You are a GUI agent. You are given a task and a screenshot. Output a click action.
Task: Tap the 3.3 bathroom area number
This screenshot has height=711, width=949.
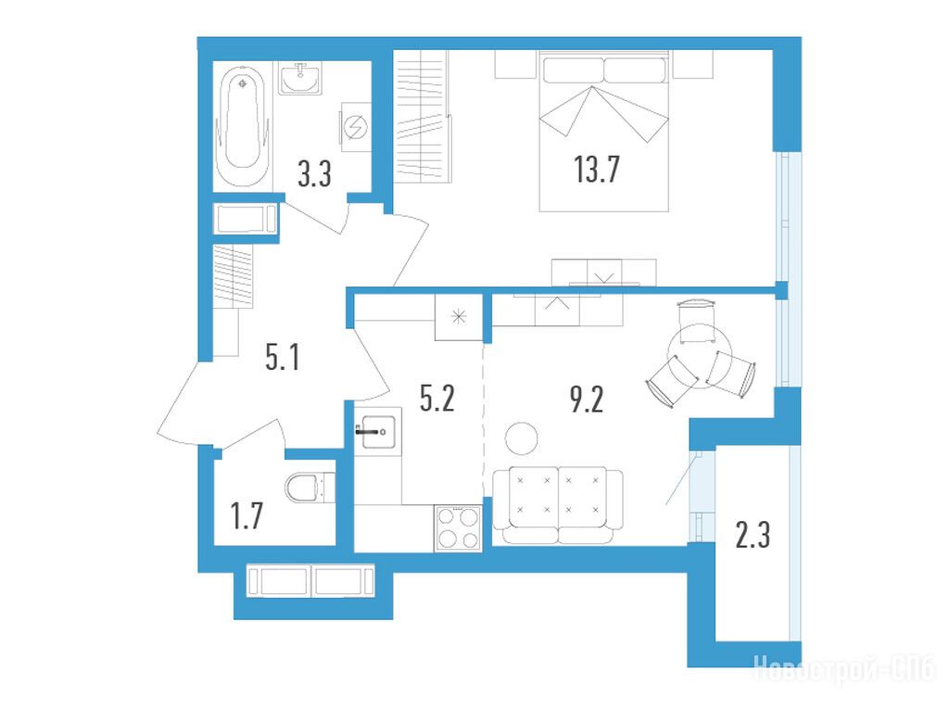pyautogui.click(x=315, y=174)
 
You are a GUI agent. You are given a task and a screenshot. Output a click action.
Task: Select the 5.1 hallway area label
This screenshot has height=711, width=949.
pyautogui.click(x=283, y=357)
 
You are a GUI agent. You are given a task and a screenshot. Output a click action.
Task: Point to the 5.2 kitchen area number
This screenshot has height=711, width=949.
pyautogui.click(x=437, y=399)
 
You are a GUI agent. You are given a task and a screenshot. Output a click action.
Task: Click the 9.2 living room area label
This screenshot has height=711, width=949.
pyautogui.click(x=587, y=399)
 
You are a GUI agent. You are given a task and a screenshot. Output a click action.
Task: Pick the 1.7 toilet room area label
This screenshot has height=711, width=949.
pyautogui.click(x=247, y=516)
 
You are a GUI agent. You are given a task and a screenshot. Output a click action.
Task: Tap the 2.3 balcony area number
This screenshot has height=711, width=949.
pyautogui.click(x=753, y=536)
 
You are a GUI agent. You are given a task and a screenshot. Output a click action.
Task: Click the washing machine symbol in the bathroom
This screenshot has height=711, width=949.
pyautogui.click(x=356, y=127)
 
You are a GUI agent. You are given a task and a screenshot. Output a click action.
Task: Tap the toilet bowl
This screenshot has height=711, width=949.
pyautogui.click(x=310, y=488)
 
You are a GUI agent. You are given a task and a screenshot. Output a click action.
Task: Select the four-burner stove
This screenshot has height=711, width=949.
pyautogui.click(x=458, y=528)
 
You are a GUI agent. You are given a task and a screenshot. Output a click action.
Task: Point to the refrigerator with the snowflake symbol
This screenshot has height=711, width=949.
pyautogui.click(x=459, y=317)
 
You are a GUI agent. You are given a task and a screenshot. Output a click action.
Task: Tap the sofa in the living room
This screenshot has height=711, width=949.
pyautogui.click(x=557, y=505)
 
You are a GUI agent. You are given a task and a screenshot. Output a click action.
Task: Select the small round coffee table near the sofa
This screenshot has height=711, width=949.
pyautogui.click(x=521, y=438)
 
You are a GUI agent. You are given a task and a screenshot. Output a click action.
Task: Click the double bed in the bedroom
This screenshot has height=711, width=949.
pyautogui.click(x=604, y=131)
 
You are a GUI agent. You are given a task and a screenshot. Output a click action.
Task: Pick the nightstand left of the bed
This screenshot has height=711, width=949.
pyautogui.click(x=516, y=64)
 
